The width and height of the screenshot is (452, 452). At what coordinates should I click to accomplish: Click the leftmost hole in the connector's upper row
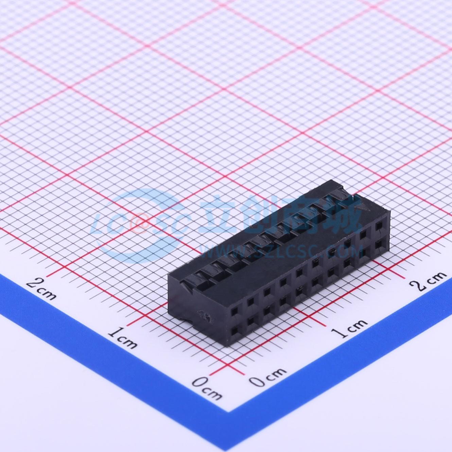(234, 312)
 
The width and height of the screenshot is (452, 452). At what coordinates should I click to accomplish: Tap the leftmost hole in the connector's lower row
(234, 331)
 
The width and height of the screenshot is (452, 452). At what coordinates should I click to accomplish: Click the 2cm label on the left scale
(41, 289)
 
